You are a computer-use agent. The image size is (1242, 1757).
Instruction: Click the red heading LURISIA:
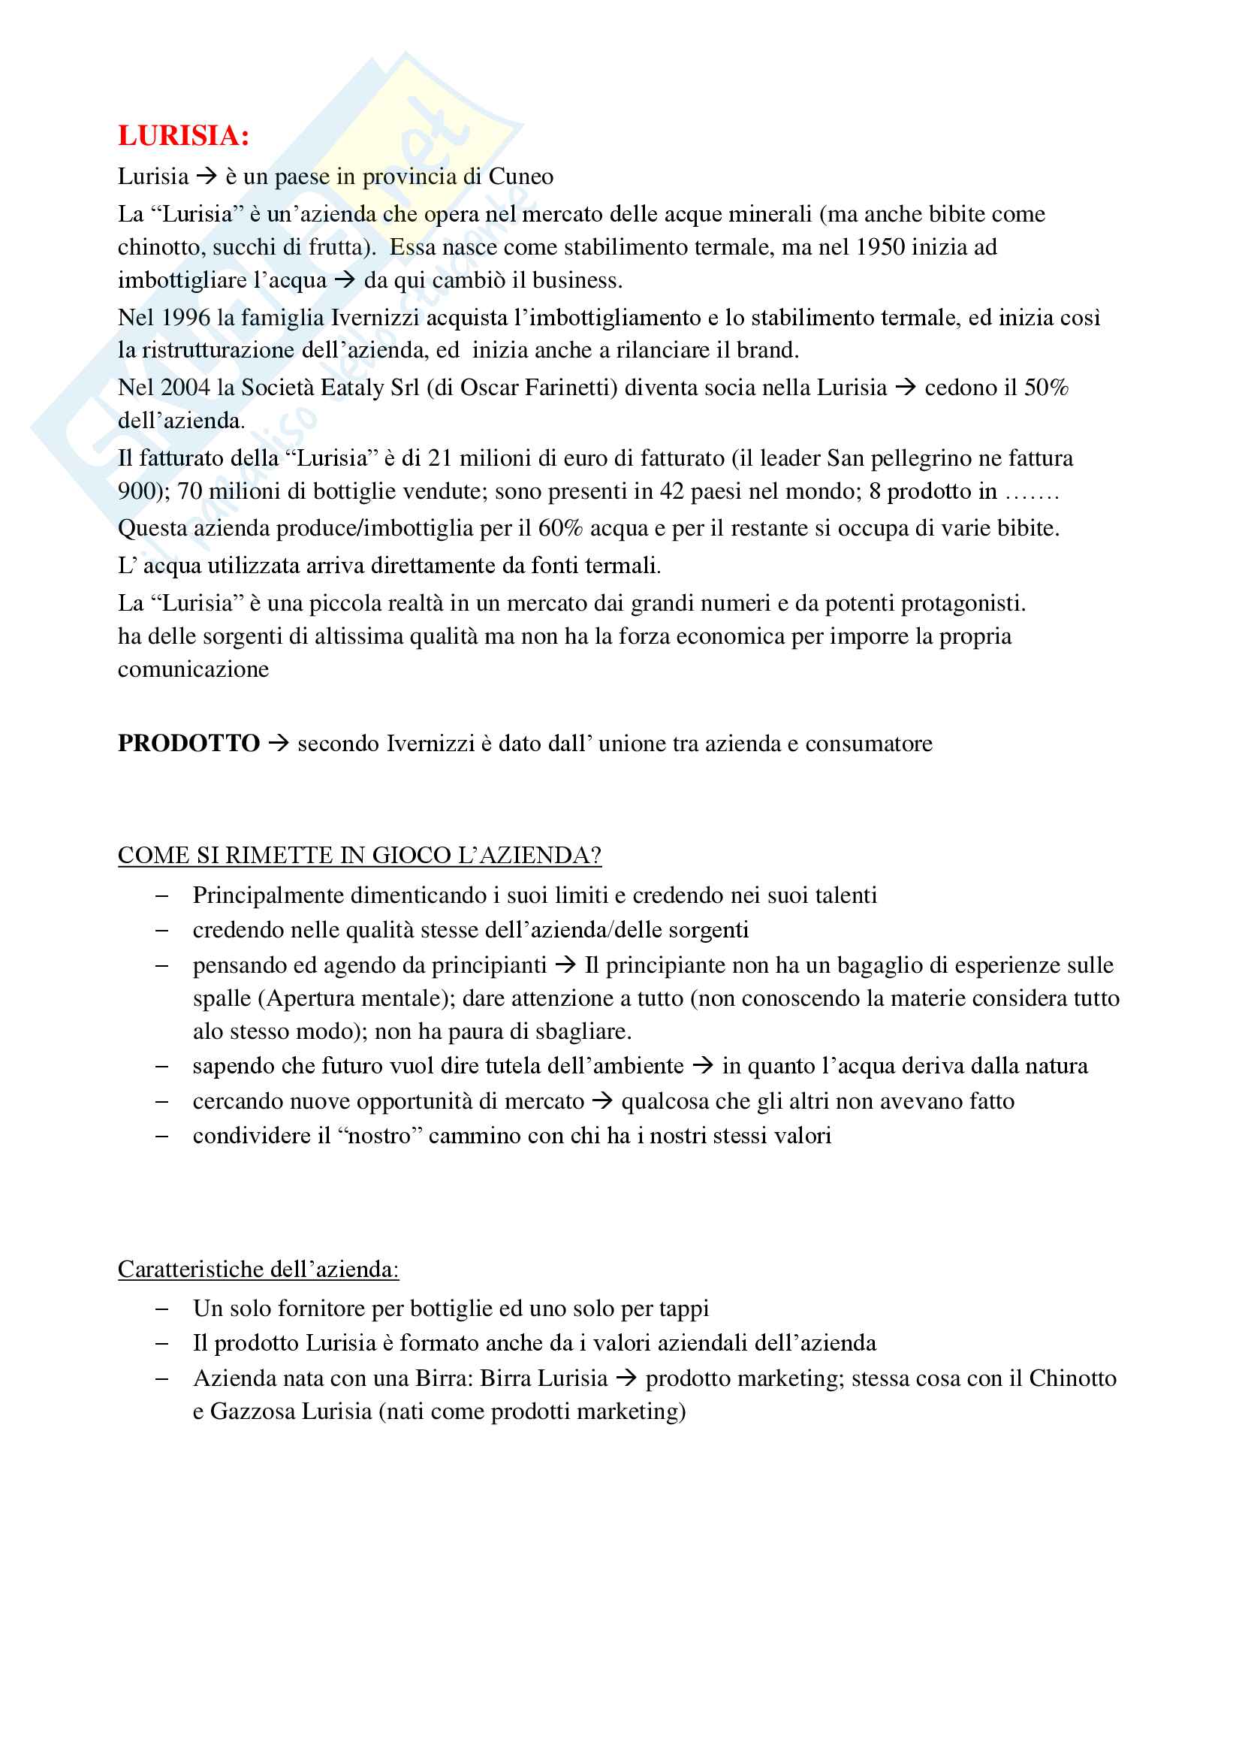[x=183, y=136]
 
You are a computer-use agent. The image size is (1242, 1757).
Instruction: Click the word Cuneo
[x=521, y=177]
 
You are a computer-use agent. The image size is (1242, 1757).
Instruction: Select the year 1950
[x=880, y=247]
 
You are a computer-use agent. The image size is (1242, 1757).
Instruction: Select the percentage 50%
[x=1045, y=388]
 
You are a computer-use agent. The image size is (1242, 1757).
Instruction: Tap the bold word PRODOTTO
[x=189, y=744]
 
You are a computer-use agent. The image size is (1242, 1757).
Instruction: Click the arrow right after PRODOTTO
[x=279, y=744]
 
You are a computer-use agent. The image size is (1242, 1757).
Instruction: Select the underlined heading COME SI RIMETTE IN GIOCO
[x=360, y=856]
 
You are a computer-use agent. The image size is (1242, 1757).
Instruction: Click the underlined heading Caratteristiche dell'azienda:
[x=258, y=1269]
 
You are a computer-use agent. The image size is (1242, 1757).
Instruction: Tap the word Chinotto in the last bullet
[x=1072, y=1378]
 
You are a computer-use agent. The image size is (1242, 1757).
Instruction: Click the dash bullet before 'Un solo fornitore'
[x=161, y=1309]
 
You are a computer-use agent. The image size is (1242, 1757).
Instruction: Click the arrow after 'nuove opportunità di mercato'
[x=603, y=1102]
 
